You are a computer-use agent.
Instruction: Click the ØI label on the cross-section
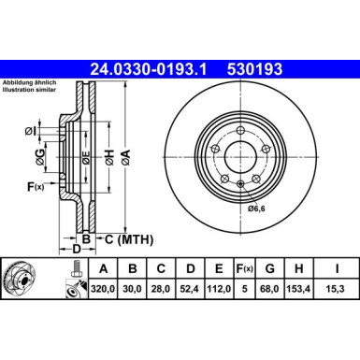tap(30, 128)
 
